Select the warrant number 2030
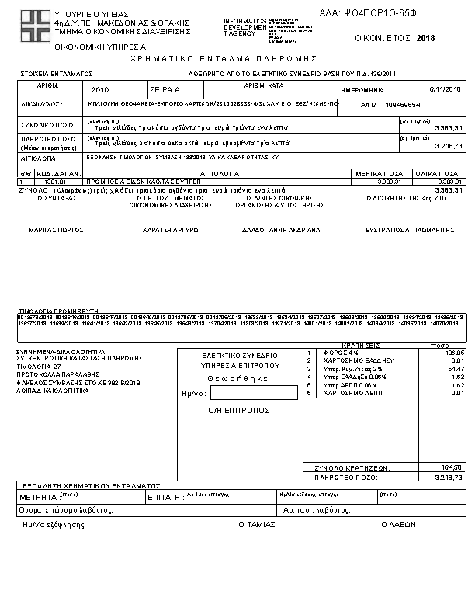pos(101,91)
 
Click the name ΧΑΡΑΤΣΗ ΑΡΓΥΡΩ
pos(171,231)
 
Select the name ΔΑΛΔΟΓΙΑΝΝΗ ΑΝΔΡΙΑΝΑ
pos(280,231)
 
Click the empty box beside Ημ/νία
pos(243,393)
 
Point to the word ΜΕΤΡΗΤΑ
pos(37,495)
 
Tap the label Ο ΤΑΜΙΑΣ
pos(256,524)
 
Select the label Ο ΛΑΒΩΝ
pos(398,524)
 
